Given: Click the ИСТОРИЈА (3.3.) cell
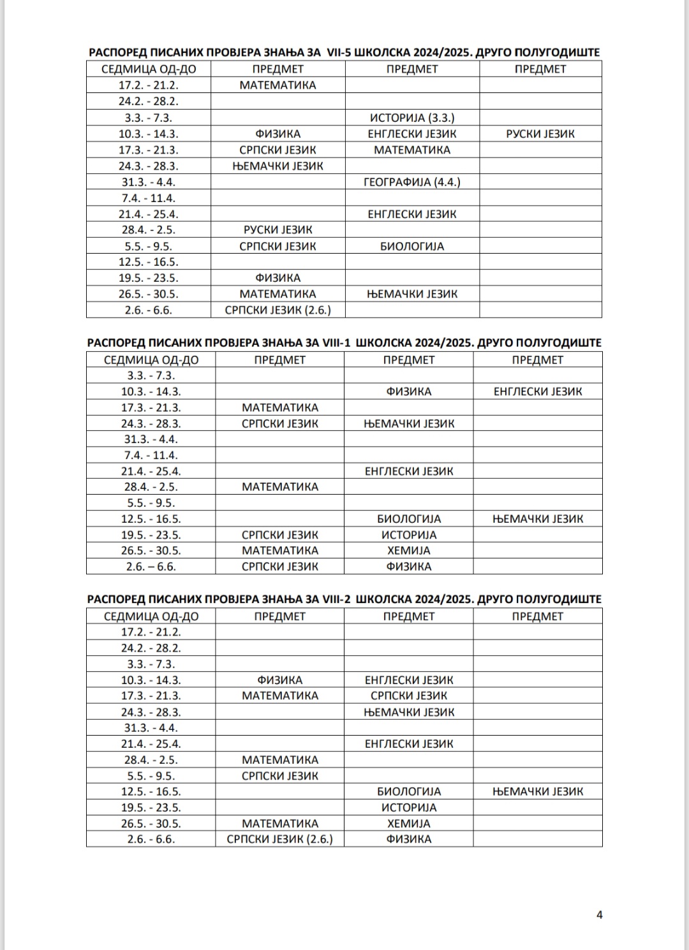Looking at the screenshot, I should [x=412, y=118].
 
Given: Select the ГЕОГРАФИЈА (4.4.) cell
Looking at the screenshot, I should [x=412, y=182].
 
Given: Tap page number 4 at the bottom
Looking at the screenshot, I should [x=599, y=914].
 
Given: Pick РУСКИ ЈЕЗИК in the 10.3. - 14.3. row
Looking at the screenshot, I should [x=540, y=134].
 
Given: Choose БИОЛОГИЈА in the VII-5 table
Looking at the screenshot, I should [x=412, y=246].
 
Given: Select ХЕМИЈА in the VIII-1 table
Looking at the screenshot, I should [x=409, y=550].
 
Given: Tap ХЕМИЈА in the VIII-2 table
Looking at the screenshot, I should [x=409, y=823].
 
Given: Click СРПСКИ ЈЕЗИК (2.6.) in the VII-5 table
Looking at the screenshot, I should [x=278, y=310].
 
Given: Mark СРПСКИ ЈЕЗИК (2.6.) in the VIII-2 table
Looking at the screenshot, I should [x=280, y=839].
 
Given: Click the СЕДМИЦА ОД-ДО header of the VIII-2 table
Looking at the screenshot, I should [x=151, y=617].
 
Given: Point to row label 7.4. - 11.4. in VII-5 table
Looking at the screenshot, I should [x=149, y=198].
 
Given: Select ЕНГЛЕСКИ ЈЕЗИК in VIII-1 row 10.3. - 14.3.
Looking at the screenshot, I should [x=538, y=391].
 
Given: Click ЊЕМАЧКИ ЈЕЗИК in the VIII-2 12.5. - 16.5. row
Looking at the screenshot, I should [x=538, y=791].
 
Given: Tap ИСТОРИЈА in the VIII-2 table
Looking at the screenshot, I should [x=409, y=807].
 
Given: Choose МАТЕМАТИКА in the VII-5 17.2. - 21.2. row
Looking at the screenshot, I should [x=278, y=85].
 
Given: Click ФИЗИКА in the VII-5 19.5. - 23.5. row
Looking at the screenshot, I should [x=278, y=278].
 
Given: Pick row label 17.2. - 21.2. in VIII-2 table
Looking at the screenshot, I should [x=151, y=632].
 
